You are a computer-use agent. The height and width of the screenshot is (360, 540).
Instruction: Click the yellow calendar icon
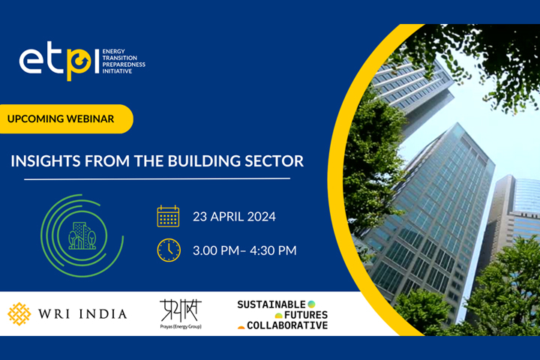pyautogui.click(x=169, y=216)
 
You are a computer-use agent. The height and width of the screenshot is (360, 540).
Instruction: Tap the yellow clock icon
pyautogui.click(x=169, y=250)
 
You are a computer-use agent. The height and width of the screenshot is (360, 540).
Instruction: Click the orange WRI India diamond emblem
pyautogui.click(x=19, y=313)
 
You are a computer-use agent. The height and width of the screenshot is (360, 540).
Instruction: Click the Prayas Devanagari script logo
pyautogui.click(x=180, y=309)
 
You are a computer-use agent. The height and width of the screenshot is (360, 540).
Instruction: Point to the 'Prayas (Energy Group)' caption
pyautogui.click(x=180, y=326)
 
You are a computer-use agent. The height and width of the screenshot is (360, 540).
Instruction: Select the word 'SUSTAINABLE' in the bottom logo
pyautogui.click(x=271, y=304)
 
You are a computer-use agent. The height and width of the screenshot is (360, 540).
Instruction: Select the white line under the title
pyautogui.click(x=157, y=179)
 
